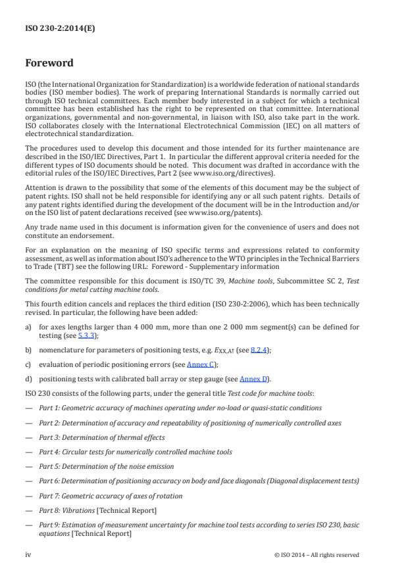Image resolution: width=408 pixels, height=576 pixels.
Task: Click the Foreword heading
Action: [x=49, y=64]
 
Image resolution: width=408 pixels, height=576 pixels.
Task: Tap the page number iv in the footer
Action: [x=28, y=554]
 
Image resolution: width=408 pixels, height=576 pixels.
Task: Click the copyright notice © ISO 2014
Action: [x=317, y=554]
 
